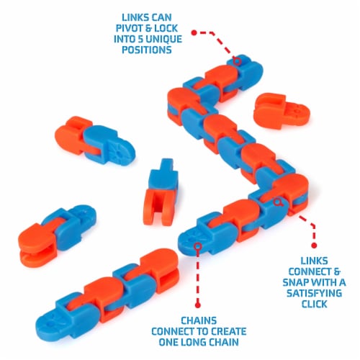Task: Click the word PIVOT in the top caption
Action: [130, 28]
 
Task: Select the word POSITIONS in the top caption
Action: [147, 50]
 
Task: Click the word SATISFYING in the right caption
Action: [314, 293]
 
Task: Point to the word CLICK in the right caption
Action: [314, 304]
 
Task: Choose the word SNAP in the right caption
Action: [294, 282]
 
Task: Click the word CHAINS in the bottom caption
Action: [199, 320]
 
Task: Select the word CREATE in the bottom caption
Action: [228, 331]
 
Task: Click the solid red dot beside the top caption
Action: [194, 32]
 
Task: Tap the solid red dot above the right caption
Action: [314, 246]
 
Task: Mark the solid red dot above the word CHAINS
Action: [198, 305]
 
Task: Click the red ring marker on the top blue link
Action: [237, 61]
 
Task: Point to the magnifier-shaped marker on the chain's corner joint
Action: [278, 202]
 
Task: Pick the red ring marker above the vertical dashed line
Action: [198, 246]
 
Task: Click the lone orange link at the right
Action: [282, 111]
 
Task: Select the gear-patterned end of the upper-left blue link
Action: [120, 150]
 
